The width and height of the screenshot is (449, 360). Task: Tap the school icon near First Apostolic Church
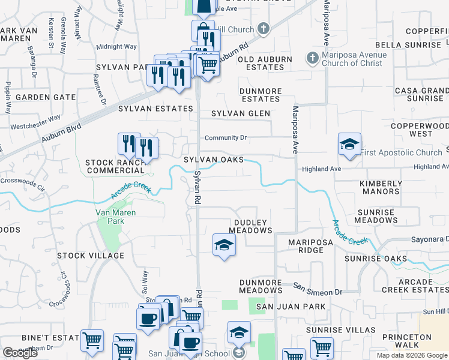tap(349, 145)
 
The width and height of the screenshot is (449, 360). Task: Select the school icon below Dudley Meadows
tap(224, 245)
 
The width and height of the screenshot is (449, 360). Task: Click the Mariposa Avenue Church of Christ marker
tap(312, 59)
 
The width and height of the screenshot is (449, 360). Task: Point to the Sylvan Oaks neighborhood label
tap(214, 160)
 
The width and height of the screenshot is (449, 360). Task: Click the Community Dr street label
tap(226, 138)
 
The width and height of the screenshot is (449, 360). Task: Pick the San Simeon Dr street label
tap(318, 292)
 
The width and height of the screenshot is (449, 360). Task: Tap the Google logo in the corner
tap(20, 353)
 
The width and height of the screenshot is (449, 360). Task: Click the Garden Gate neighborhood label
tap(46, 97)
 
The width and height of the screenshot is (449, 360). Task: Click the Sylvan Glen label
tap(240, 113)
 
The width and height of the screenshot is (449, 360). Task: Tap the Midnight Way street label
tap(116, 46)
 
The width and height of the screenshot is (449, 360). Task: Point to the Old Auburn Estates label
tap(265, 63)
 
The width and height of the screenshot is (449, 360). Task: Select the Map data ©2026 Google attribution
tap(412, 355)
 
